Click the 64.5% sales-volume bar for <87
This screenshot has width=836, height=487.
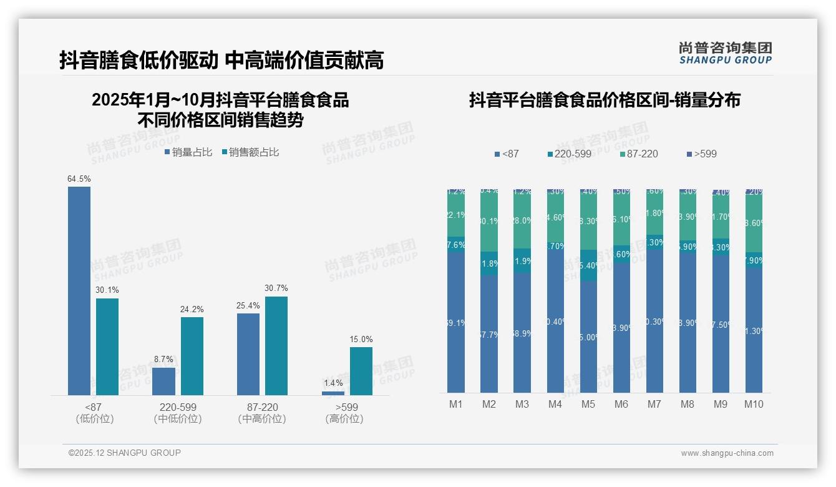[79, 290]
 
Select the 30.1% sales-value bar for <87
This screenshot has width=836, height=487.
[107, 347]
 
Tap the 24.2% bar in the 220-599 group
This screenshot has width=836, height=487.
[192, 356]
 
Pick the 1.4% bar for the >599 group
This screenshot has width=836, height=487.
[333, 393]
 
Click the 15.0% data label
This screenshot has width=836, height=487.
[361, 340]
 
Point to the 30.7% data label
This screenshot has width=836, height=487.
[276, 288]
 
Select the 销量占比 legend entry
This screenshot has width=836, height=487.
[188, 152]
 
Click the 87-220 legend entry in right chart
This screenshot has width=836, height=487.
[639, 154]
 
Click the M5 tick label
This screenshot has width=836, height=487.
[588, 405]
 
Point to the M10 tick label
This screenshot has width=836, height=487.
[754, 405]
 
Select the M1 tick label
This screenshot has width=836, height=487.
[456, 405]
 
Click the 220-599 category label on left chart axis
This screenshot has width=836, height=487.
[178, 407]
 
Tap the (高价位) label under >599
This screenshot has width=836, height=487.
[344, 419]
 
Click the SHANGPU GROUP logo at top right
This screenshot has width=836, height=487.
[726, 53]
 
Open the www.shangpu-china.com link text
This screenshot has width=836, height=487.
[727, 453]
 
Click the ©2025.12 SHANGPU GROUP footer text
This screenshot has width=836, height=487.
[125, 453]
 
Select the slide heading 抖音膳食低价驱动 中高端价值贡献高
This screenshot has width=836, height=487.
[221, 60]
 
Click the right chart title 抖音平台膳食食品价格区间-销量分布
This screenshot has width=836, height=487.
[605, 100]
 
